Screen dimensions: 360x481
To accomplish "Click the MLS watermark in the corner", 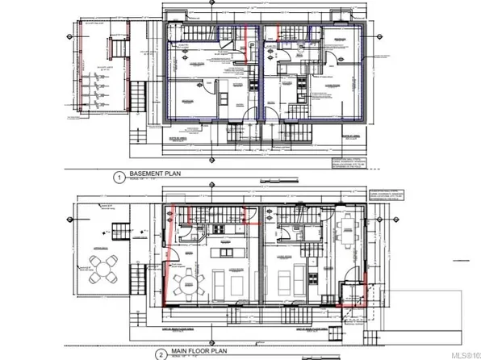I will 463,352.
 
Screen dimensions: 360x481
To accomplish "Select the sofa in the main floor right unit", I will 286,282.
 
